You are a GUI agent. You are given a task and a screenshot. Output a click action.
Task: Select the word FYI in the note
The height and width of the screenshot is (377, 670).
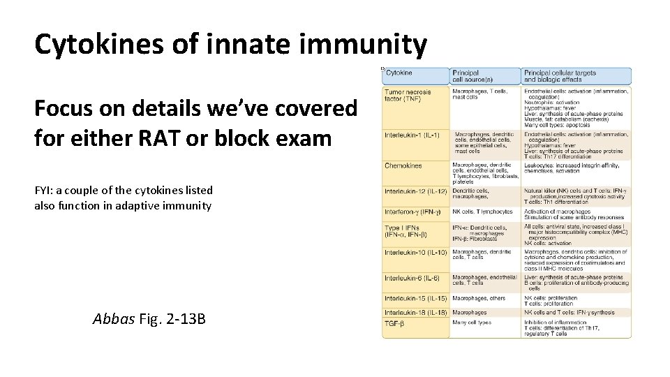click(43, 190)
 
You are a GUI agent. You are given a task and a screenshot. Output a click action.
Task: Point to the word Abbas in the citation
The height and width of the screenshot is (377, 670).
click(113, 320)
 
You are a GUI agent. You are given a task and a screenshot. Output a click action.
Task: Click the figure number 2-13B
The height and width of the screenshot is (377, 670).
click(183, 320)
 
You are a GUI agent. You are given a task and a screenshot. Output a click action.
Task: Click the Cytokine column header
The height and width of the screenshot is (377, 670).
click(399, 73)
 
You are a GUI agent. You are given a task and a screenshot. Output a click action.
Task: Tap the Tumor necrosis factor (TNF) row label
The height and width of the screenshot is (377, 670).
click(408, 95)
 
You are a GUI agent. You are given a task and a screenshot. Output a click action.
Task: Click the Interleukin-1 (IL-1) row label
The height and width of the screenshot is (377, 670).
click(412, 135)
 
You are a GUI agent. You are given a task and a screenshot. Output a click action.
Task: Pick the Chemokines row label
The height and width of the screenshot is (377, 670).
click(403, 165)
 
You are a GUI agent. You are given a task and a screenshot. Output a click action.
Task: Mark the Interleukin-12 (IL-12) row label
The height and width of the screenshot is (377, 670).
click(415, 191)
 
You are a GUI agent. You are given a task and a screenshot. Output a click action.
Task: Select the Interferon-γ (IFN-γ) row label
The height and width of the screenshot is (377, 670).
click(413, 212)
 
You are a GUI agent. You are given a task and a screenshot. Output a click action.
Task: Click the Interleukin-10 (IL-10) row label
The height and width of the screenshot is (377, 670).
click(415, 252)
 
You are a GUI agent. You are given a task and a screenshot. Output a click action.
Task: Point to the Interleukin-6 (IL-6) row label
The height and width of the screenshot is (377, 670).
click(412, 278)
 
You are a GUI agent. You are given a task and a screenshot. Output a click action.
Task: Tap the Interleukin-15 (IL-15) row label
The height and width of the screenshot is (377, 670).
click(415, 298)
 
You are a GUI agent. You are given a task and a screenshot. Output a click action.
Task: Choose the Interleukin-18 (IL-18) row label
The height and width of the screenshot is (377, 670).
click(415, 312)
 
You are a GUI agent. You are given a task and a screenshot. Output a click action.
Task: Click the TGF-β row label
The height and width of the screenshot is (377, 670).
click(395, 323)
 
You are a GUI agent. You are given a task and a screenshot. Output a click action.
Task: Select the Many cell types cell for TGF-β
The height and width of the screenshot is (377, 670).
click(472, 323)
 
